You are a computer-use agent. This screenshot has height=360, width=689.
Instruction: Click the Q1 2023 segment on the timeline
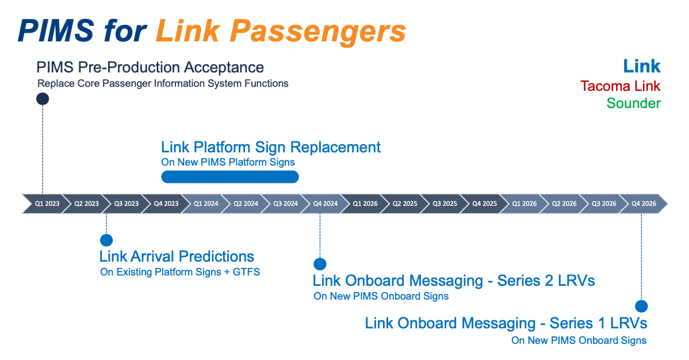pyautogui.click(x=47, y=204)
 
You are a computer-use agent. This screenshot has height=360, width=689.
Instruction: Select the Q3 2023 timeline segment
pyautogui.click(x=126, y=204)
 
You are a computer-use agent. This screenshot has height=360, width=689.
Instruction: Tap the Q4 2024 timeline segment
pyautogui.click(x=325, y=204)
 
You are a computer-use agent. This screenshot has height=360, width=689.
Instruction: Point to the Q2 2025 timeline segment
pyautogui.click(x=405, y=204)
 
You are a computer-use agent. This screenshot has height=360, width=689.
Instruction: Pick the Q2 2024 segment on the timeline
pyautogui.click(x=246, y=204)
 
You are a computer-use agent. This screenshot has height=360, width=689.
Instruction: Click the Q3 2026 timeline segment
pyautogui.click(x=604, y=204)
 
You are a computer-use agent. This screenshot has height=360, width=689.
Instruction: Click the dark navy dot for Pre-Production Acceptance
pyautogui.click(x=43, y=99)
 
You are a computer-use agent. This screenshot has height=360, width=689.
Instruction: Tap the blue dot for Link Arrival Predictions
pyautogui.click(x=106, y=240)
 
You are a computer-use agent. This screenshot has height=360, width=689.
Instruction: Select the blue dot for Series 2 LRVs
pyautogui.click(x=320, y=264)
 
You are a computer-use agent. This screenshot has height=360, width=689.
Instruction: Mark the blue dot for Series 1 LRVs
pyautogui.click(x=641, y=306)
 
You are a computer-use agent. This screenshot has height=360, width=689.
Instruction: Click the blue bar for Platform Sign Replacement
pyautogui.click(x=230, y=177)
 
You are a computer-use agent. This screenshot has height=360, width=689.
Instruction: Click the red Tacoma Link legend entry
pyautogui.click(x=620, y=86)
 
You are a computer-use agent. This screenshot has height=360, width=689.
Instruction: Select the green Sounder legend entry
pyautogui.click(x=633, y=104)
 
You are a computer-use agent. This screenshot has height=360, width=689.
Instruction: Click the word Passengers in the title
pyautogui.click(x=281, y=31)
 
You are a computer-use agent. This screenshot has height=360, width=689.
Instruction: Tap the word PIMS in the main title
pyautogui.click(x=55, y=31)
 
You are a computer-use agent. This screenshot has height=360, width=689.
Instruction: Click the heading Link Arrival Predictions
pyautogui.click(x=177, y=256)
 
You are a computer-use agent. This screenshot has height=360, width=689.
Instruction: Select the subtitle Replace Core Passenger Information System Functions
pyautogui.click(x=163, y=83)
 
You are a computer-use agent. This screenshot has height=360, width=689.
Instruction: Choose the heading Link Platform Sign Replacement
pyautogui.click(x=270, y=147)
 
